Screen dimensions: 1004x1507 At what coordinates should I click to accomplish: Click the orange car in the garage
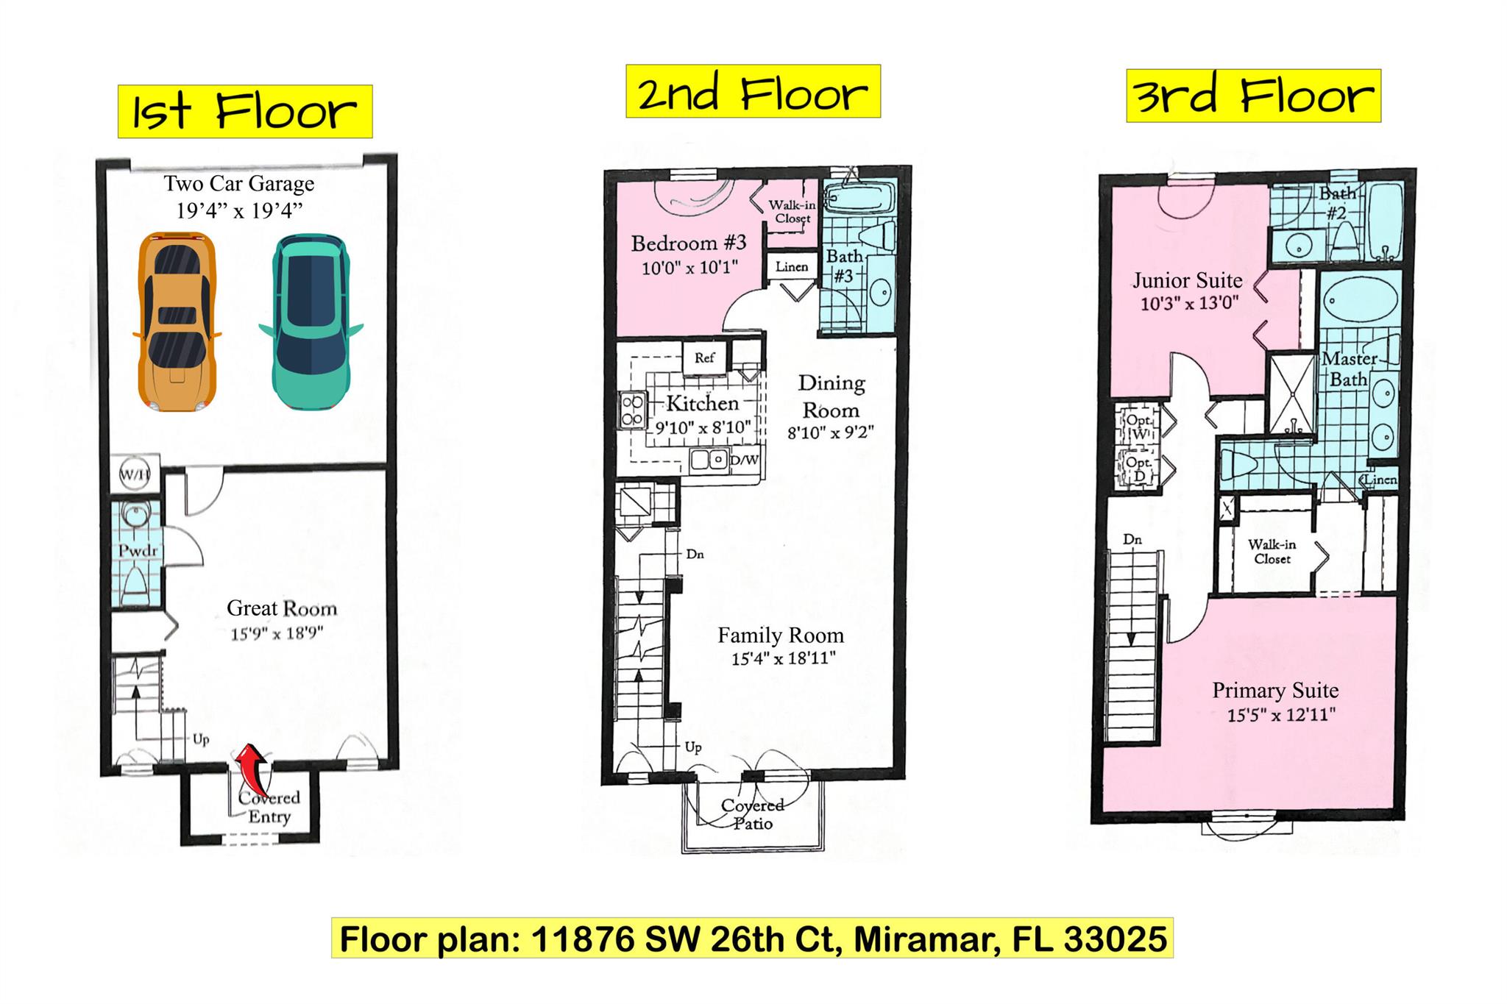(x=177, y=321)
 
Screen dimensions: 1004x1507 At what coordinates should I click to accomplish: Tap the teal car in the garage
(x=310, y=321)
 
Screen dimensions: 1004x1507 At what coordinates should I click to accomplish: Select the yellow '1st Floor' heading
(x=245, y=112)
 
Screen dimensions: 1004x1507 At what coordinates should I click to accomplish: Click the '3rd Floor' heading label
(x=1253, y=96)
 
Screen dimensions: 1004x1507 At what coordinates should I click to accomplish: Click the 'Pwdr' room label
(x=138, y=551)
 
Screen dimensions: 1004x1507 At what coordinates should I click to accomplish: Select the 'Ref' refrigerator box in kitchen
(x=704, y=357)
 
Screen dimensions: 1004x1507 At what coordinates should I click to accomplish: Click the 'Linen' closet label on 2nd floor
(x=792, y=267)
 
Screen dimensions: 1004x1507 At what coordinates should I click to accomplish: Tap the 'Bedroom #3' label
(x=689, y=243)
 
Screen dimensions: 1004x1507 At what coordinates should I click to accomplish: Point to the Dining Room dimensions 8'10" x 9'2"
(x=830, y=432)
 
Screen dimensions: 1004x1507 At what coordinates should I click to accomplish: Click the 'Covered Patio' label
(x=752, y=813)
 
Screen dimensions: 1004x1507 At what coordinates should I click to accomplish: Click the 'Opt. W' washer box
(x=1138, y=427)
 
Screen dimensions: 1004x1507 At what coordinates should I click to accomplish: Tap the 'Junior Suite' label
(x=1188, y=280)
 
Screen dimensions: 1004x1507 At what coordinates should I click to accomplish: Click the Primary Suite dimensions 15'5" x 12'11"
(x=1280, y=714)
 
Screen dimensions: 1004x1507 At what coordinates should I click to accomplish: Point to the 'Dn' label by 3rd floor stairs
(x=1132, y=539)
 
